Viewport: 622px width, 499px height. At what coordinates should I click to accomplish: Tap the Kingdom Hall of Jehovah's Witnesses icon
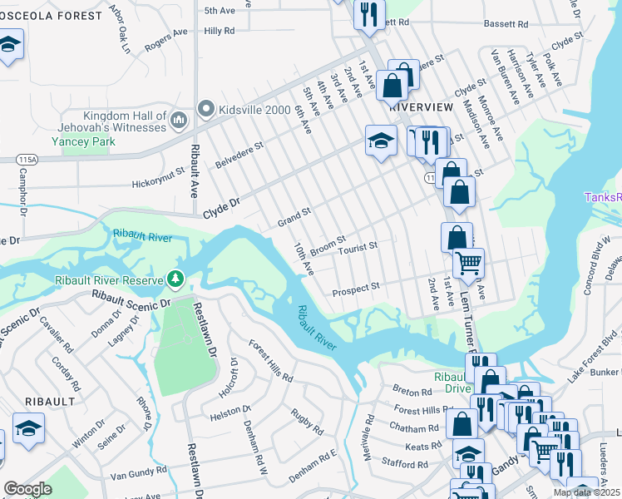coord(178,121)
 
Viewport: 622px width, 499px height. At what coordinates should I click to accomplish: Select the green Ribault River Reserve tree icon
coord(175,279)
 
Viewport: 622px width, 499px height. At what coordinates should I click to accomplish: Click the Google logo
coord(27,489)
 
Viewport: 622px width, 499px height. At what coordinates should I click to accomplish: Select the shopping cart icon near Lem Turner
coord(468,264)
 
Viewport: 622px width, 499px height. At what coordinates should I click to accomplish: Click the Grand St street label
coord(294,218)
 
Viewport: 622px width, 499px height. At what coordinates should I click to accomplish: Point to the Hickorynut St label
coord(160,182)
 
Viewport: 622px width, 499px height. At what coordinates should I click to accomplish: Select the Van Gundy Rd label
coord(133,475)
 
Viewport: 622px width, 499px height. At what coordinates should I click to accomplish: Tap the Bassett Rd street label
coord(506,24)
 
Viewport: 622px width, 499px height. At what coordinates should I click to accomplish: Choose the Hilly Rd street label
coord(220,31)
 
